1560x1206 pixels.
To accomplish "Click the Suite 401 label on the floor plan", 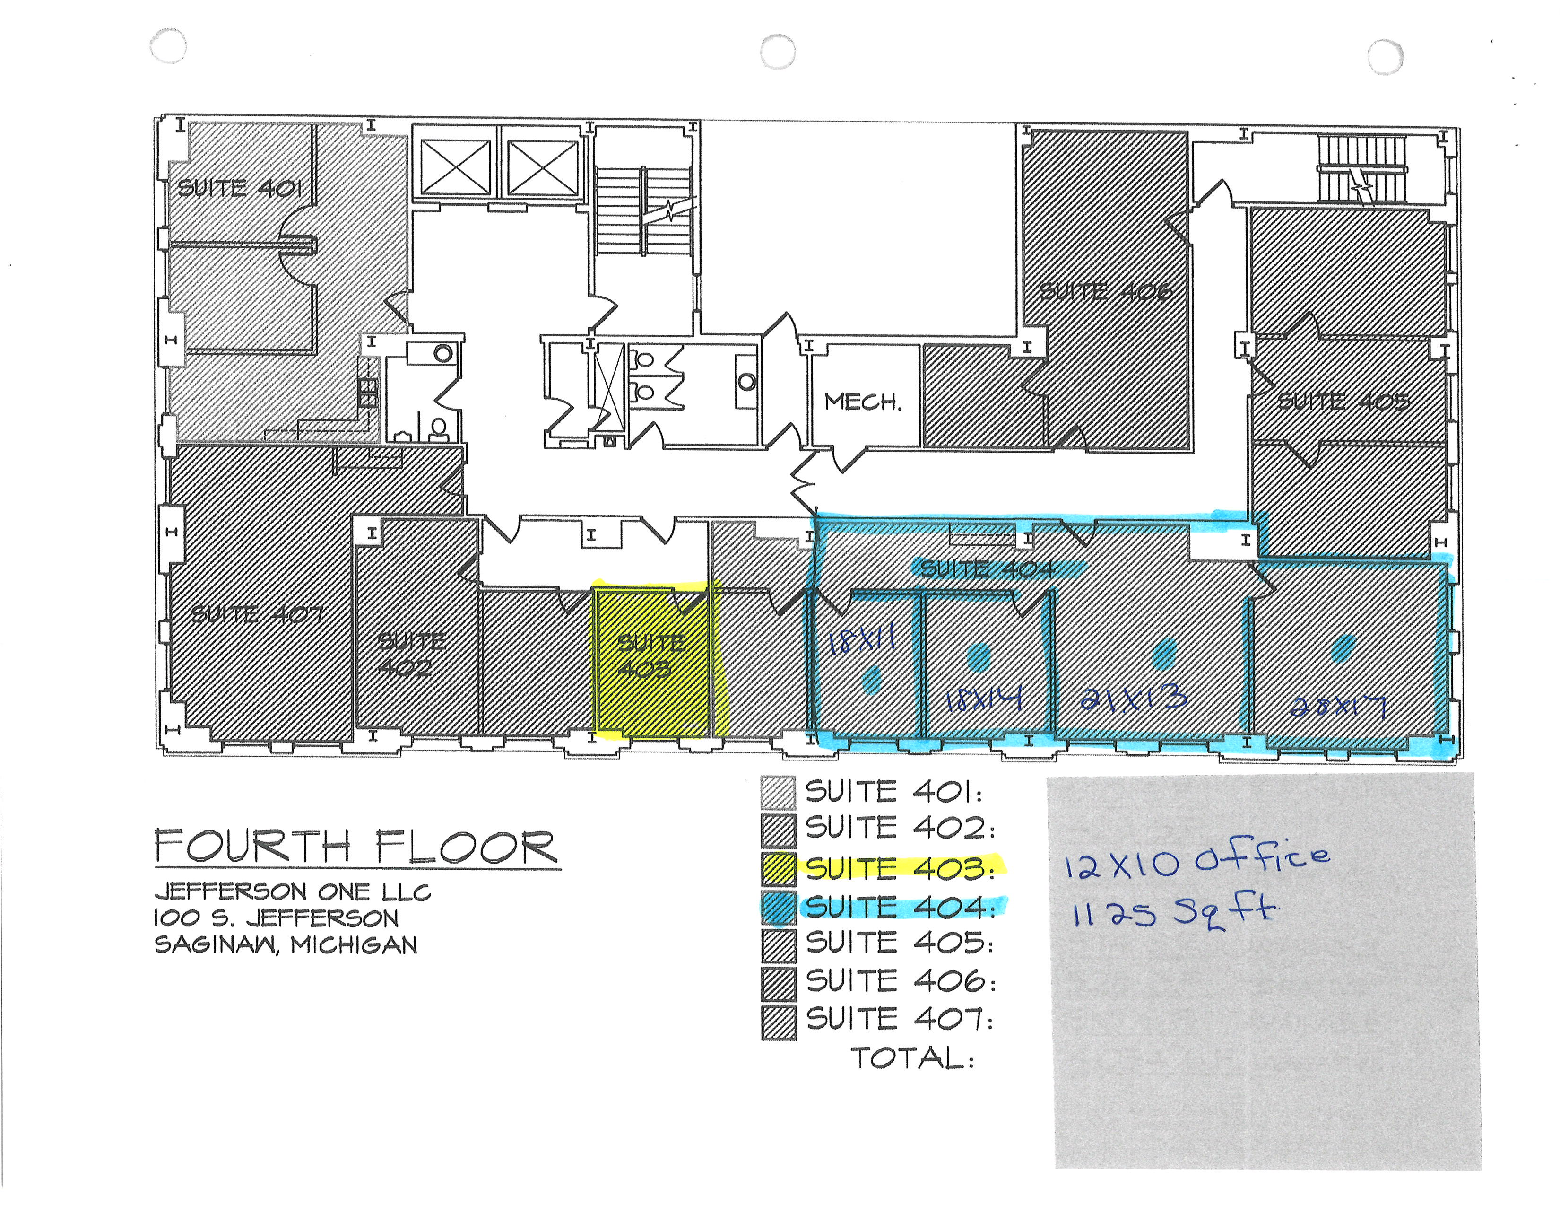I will pos(239,188).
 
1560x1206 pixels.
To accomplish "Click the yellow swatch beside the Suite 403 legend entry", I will pos(778,868).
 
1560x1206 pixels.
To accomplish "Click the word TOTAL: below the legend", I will pos(912,1057).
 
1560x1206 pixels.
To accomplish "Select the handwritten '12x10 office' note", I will pos(1196,860).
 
